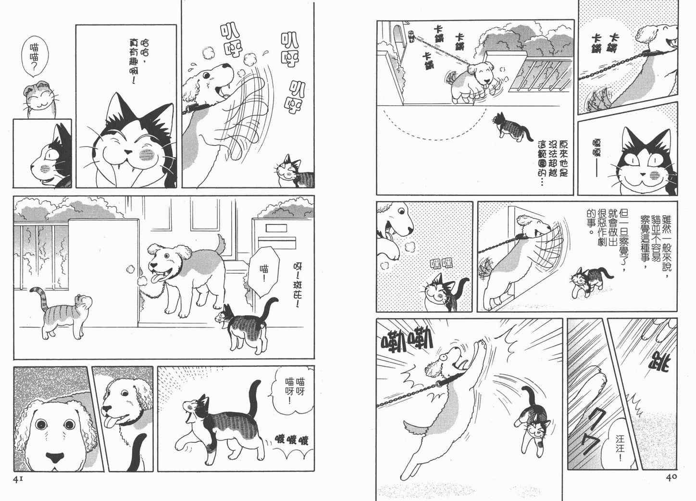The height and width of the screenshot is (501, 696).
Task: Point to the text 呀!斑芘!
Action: coord(298,285)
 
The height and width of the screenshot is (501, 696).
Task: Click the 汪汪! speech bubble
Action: coord(621,448)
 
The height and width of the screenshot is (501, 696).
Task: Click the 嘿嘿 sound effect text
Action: coord(441,264)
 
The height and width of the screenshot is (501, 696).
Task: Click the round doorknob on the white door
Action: coord(130,269)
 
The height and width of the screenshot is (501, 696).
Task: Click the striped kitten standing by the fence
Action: coord(61,312)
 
